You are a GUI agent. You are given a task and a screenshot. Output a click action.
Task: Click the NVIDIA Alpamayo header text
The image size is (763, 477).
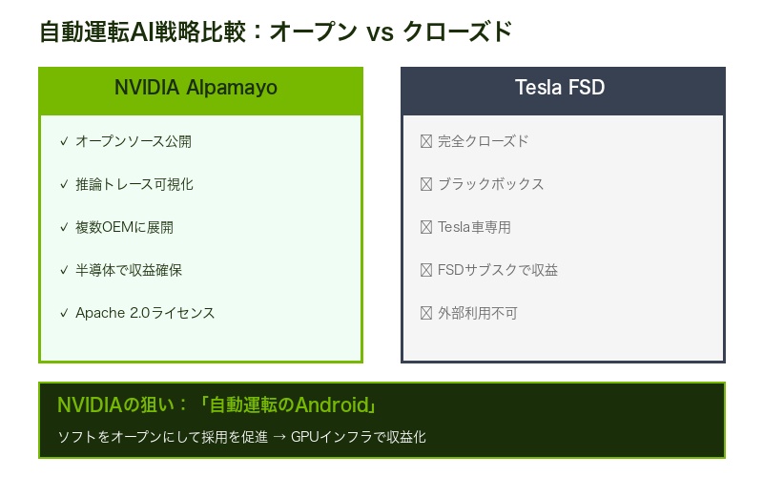tap(196, 88)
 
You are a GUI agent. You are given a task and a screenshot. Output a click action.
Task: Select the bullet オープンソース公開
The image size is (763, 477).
tap(134, 141)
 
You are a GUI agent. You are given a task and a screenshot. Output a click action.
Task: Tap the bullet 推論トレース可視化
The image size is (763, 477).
tap(134, 184)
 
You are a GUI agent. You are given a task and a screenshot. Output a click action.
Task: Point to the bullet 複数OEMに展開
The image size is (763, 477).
tap(124, 227)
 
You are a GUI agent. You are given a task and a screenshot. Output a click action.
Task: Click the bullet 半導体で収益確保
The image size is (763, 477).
tap(129, 270)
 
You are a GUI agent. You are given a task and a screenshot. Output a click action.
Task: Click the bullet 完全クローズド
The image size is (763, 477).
tap(483, 141)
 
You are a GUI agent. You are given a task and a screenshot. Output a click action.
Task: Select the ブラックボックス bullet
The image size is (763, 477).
tap(490, 184)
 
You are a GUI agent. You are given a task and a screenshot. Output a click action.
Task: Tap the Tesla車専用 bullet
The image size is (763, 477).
tap(474, 227)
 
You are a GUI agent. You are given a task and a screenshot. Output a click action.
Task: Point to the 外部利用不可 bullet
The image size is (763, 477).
tap(478, 313)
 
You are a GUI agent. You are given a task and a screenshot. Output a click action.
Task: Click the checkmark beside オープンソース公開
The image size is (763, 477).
tap(64, 141)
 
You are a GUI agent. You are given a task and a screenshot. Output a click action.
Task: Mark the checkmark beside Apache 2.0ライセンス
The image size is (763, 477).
tap(64, 313)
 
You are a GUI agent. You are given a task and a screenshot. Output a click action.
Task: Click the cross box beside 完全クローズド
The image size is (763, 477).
tap(426, 141)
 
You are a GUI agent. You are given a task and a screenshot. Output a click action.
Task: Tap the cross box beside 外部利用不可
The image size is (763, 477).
tap(426, 313)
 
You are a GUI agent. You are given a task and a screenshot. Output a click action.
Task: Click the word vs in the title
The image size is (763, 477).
tap(380, 31)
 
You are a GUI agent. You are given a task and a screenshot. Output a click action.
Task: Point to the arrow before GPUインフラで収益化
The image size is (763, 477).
tap(278, 437)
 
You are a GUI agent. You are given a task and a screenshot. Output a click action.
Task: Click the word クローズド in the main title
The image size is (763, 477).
tap(457, 31)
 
